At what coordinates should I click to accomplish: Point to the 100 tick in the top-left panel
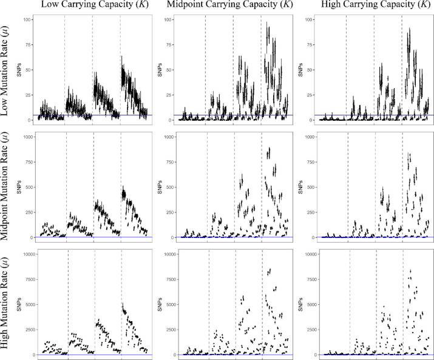[x=27, y=20]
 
